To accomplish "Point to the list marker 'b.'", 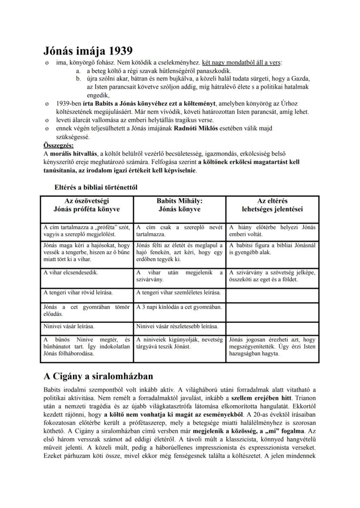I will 79,79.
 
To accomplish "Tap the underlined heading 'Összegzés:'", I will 59,145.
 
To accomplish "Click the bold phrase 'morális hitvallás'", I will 73,153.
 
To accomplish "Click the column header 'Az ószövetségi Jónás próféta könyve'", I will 87,205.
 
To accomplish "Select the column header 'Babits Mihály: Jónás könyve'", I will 180,205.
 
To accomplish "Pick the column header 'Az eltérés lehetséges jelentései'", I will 273,205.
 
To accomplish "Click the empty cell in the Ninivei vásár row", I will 273,326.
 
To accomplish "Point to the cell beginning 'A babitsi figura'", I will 273,248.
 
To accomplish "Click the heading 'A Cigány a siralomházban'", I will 98,375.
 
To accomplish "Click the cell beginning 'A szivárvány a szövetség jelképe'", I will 273,276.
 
